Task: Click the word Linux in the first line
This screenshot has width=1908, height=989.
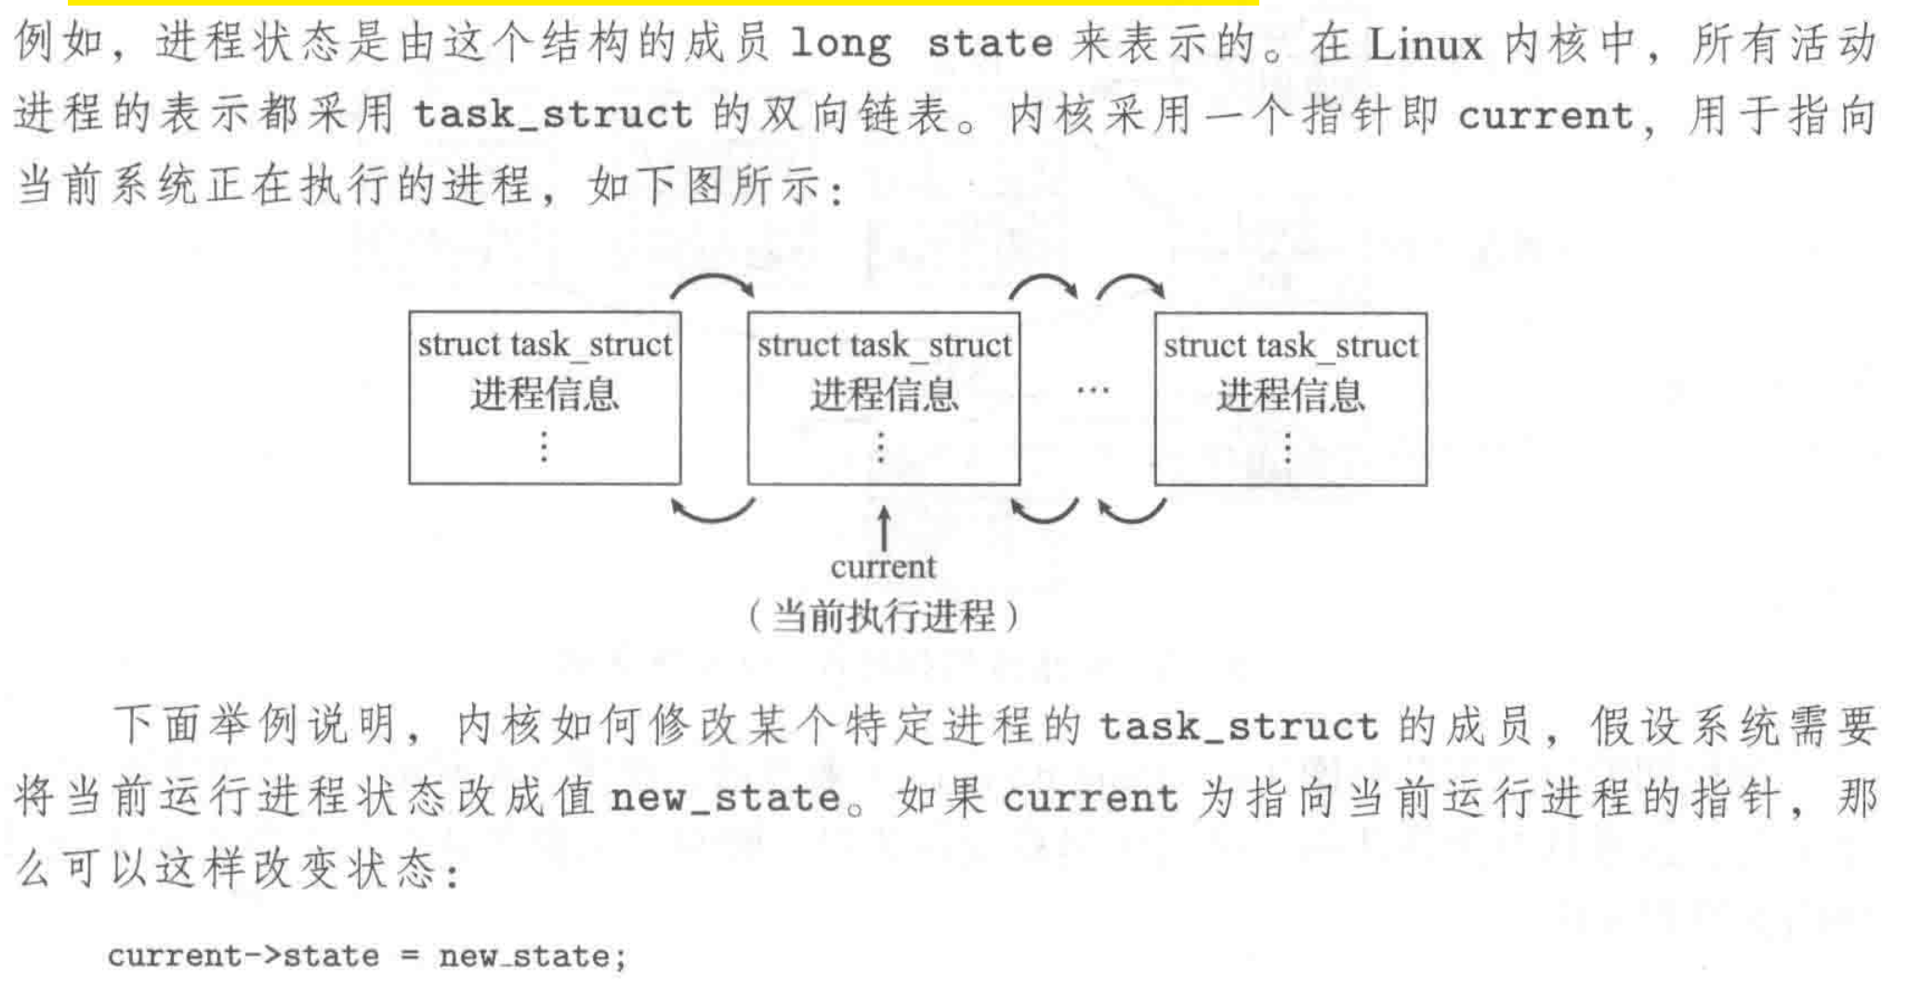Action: pyautogui.click(x=1426, y=45)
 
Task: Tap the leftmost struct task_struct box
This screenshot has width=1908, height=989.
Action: pyautogui.click(x=545, y=398)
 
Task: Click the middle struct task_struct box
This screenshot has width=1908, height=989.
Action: pyautogui.click(x=883, y=398)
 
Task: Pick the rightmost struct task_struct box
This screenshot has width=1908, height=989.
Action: pyautogui.click(x=1290, y=398)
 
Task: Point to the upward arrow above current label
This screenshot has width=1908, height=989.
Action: pyautogui.click(x=884, y=527)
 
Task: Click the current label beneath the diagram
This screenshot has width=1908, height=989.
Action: pyautogui.click(x=883, y=567)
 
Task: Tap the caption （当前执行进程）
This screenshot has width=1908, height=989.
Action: pyautogui.click(x=883, y=616)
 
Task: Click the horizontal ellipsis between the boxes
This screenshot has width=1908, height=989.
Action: pyautogui.click(x=1092, y=390)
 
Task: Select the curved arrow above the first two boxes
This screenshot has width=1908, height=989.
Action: pyautogui.click(x=713, y=284)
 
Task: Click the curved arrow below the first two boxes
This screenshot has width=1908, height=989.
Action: pyautogui.click(x=713, y=512)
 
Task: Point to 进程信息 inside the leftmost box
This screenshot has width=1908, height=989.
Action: pyautogui.click(x=545, y=394)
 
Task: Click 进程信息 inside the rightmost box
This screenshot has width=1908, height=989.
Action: pyautogui.click(x=1290, y=395)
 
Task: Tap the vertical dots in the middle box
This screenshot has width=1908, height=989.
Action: pyautogui.click(x=881, y=448)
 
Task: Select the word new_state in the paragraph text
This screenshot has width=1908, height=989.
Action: pyautogui.click(x=725, y=798)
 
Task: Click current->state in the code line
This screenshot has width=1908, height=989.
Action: pyautogui.click(x=243, y=956)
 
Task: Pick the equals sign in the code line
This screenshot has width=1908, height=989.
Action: pyautogui.click(x=409, y=956)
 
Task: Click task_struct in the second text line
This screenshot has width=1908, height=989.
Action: pyautogui.click(x=553, y=115)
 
